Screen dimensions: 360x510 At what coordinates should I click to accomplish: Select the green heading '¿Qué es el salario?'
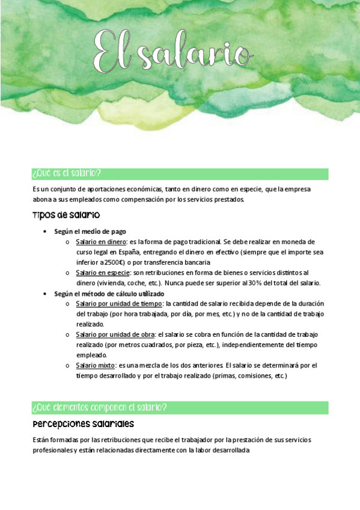[x=67, y=174]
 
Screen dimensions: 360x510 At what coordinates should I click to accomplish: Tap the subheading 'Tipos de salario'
[x=66, y=215]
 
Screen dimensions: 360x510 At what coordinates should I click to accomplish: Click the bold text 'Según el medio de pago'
[x=90, y=231]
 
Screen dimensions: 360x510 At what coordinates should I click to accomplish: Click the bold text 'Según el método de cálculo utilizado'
[x=109, y=293]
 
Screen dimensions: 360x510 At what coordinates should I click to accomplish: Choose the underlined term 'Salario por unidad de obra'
[x=115, y=334]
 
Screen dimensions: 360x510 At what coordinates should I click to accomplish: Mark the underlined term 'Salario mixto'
[x=94, y=365]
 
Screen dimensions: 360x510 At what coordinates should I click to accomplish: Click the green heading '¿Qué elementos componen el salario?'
[x=99, y=408]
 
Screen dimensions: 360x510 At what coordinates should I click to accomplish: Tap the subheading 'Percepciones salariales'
[x=84, y=424]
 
